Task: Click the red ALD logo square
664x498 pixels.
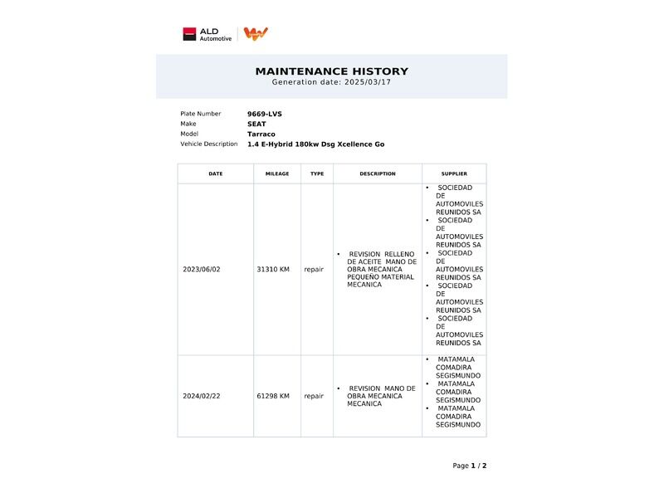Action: pos(189,34)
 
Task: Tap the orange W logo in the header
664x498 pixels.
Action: pos(256,34)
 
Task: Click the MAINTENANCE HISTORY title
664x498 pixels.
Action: pos(331,71)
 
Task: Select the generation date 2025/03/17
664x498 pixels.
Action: pos(367,82)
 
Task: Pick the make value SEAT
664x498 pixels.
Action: pos(256,124)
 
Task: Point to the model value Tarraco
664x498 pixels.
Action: pos(261,134)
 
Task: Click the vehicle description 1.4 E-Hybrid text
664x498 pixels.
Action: pos(315,144)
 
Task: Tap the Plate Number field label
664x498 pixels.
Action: pos(201,114)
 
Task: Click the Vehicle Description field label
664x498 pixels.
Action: pos(209,144)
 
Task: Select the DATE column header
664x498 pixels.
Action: pos(216,174)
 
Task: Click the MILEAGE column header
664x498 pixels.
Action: pos(277,174)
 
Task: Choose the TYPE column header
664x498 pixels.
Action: pos(317,174)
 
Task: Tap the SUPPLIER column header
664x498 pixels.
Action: pos(454,174)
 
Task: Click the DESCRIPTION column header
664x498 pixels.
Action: pos(378,174)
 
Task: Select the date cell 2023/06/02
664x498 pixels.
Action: pos(202,270)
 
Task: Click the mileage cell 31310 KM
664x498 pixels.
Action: pos(273,270)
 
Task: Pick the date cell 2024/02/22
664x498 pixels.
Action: pos(202,396)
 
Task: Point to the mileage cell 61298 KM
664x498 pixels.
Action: pos(273,396)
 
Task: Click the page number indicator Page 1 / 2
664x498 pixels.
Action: pos(470,466)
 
